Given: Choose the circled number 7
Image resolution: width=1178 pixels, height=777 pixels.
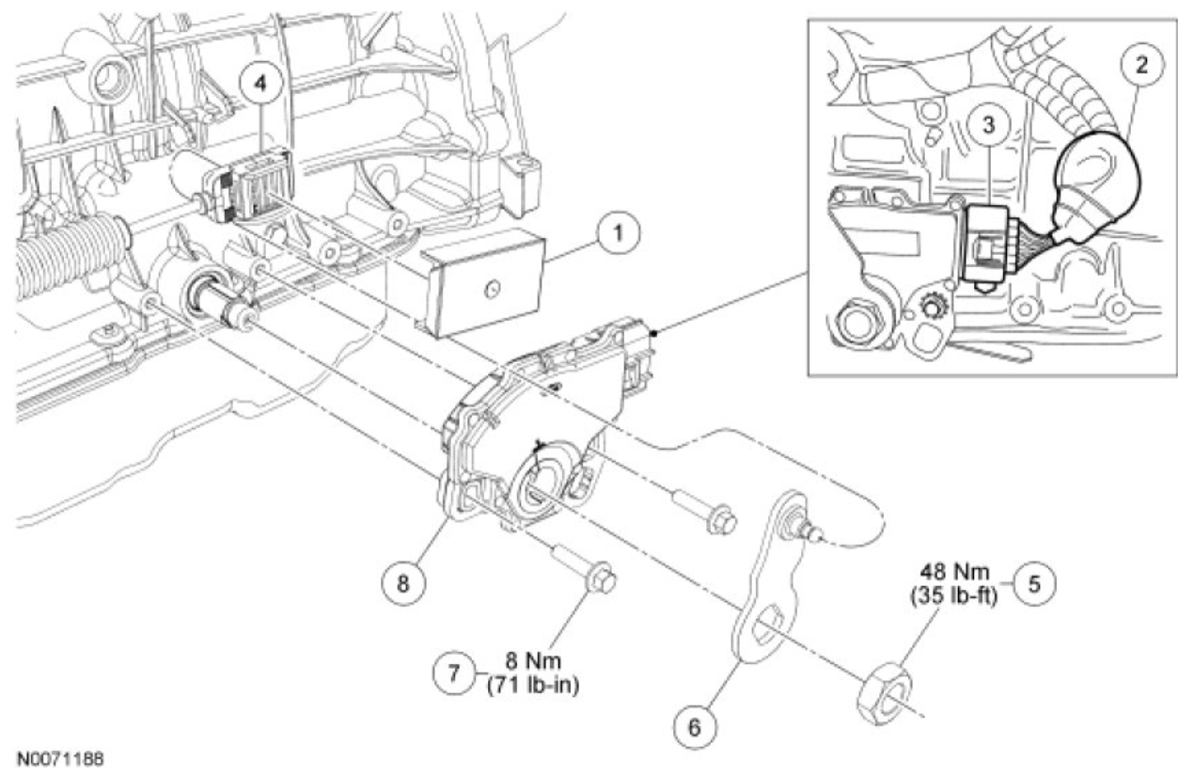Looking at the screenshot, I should pyautogui.click(x=450, y=675).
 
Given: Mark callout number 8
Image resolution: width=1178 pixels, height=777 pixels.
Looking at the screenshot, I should pyautogui.click(x=403, y=582).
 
